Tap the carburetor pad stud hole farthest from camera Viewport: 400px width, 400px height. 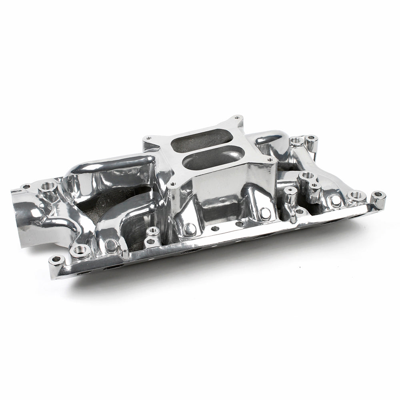point(237,118)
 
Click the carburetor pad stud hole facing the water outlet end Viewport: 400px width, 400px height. point(148,138)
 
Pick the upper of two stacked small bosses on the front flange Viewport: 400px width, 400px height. point(153,231)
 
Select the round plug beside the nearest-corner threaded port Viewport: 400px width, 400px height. point(111,245)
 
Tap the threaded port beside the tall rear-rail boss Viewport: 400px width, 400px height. point(296,141)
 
